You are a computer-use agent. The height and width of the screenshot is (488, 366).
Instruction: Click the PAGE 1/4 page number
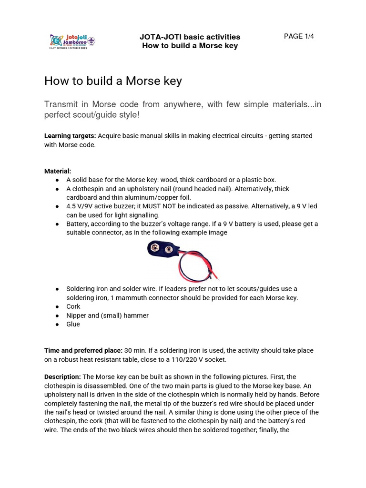299,36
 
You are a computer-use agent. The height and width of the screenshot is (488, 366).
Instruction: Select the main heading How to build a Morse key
113,81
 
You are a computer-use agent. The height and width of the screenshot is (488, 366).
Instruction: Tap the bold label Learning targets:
70,136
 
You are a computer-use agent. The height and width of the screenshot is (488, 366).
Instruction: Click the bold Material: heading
58,171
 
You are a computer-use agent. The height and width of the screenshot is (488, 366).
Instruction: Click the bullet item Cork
73,306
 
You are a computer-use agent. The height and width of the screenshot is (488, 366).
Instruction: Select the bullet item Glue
73,324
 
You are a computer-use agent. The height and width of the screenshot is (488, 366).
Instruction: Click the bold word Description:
62,376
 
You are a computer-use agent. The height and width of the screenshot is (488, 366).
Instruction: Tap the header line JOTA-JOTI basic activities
190,37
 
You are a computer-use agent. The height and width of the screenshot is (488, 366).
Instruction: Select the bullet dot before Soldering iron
57,289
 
